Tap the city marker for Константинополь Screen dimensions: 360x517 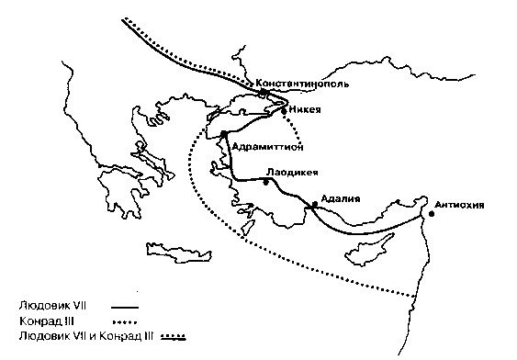point(264,93)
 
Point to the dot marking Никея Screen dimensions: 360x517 point(284,110)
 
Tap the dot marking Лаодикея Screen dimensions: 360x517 point(265,182)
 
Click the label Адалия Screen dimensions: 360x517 point(341,198)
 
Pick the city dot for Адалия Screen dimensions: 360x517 point(315,204)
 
